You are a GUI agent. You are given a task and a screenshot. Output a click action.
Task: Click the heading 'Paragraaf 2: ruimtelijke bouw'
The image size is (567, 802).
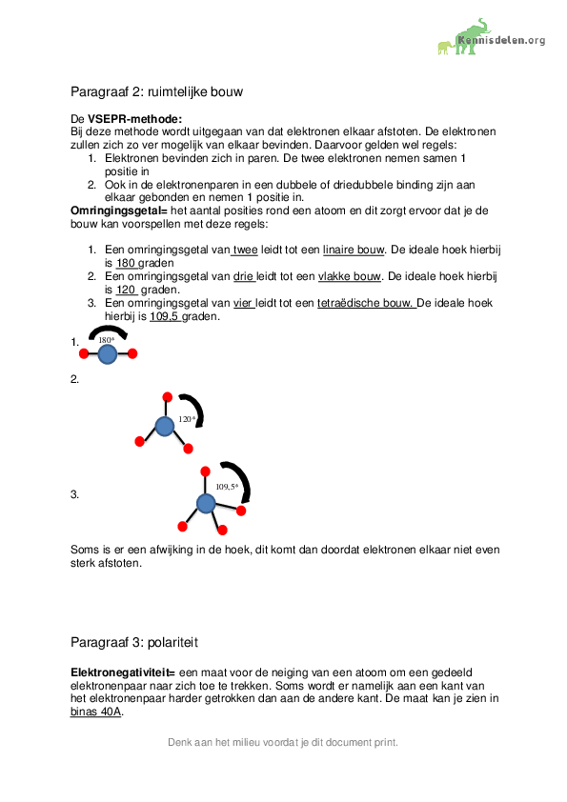pyautogui.click(x=157, y=92)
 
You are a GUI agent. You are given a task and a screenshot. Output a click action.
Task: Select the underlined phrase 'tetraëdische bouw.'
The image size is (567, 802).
pyautogui.click(x=366, y=303)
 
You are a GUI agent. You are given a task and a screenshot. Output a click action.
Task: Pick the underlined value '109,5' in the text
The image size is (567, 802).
pyautogui.click(x=165, y=316)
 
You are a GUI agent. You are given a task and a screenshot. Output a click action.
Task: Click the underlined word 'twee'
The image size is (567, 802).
pyautogui.click(x=245, y=250)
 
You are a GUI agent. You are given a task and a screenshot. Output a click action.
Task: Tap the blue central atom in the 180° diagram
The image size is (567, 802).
pyautogui.click(x=108, y=354)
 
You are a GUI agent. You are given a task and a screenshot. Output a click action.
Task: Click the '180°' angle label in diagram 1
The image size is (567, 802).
pyautogui.click(x=106, y=340)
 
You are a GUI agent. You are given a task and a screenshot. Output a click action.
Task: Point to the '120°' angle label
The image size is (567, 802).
pyautogui.click(x=187, y=419)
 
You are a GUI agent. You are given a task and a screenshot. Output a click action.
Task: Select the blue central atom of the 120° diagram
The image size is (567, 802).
pyautogui.click(x=165, y=426)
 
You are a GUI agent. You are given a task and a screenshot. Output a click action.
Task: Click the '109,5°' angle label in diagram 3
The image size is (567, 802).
pyautogui.click(x=227, y=487)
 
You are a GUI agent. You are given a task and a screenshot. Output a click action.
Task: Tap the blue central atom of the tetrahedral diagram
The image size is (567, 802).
pyautogui.click(x=206, y=503)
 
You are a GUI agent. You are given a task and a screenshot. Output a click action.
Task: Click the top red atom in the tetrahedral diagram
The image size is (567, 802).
pyautogui.click(x=204, y=471)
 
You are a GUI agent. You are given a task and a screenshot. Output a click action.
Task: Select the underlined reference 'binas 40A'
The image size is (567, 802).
pyautogui.click(x=97, y=712)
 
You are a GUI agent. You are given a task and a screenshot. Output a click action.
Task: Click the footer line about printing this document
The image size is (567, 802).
pyautogui.click(x=283, y=742)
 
